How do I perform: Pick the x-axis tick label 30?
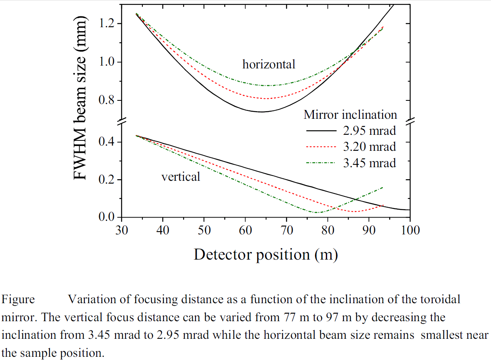(x=121, y=230)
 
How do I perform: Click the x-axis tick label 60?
(x=245, y=230)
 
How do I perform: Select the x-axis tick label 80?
(x=327, y=230)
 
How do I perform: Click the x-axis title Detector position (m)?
(x=265, y=254)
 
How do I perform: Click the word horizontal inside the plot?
(x=269, y=64)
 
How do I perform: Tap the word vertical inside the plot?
(x=181, y=176)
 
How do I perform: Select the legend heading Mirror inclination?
(x=350, y=115)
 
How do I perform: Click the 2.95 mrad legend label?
(x=369, y=131)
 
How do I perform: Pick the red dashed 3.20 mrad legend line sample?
(x=321, y=147)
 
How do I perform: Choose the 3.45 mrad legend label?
(x=369, y=163)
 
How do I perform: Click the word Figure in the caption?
(x=18, y=299)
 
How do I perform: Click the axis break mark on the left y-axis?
(x=121, y=120)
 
